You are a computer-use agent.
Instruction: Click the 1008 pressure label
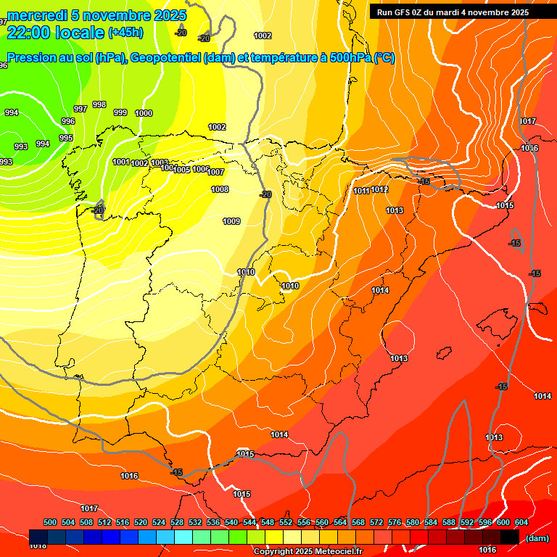coord(220,189)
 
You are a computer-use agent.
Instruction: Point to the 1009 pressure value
coord(231,221)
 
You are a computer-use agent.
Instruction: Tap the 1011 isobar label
coord(362,191)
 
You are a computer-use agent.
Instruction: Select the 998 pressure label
coord(99,104)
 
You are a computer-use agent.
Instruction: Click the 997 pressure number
coord(81,109)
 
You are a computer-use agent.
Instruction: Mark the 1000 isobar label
coord(144,113)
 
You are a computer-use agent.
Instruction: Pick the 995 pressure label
coord(66,138)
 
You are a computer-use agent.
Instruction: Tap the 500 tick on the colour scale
coord(50,522)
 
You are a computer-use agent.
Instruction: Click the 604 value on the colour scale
coord(521,522)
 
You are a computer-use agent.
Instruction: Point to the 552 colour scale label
coord(286,522)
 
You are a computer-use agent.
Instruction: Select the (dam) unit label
coord(537,538)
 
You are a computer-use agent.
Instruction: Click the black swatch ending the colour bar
coord(510,537)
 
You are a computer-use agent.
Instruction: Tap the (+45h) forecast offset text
coord(125,33)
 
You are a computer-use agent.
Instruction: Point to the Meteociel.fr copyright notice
coord(308,552)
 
